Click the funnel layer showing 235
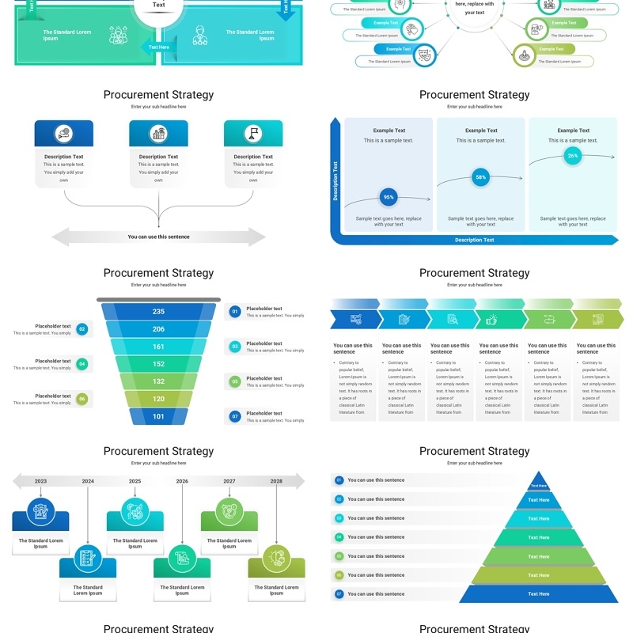158,312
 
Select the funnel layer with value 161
158,347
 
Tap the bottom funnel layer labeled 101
158,416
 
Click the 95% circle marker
389,197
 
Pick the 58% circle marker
480,178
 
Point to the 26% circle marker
573,156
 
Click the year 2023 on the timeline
40,481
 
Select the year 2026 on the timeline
182,481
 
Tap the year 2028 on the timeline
276,481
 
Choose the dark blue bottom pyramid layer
538,594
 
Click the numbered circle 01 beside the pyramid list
339,480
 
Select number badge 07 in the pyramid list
339,593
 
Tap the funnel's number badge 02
82,329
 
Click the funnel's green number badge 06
82,399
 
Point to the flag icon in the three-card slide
253,134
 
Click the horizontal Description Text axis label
475,240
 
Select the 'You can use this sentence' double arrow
158,237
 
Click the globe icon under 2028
276,557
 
